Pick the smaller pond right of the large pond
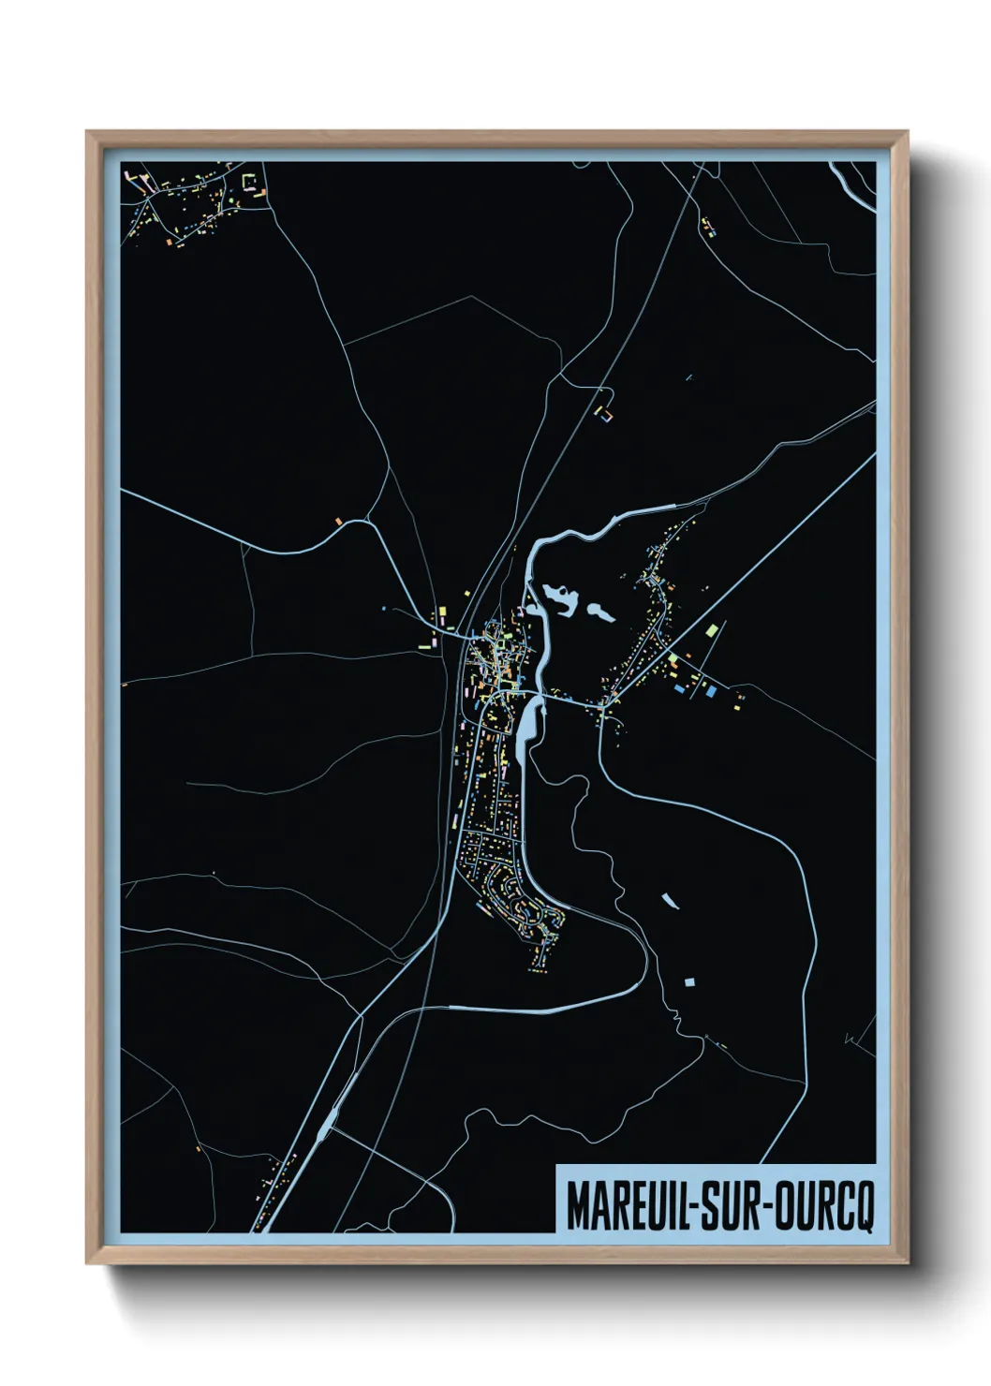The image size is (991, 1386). click(599, 613)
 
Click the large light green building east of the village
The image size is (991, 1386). click(715, 629)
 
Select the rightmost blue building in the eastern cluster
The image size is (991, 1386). click(712, 691)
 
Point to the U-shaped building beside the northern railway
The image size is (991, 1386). click(605, 413)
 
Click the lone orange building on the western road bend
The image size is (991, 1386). click(338, 518)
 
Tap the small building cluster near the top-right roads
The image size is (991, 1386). click(708, 227)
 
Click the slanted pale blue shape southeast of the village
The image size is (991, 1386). click(669, 901)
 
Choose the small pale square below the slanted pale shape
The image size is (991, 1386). click(689, 982)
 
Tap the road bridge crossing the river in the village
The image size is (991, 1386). click(534, 695)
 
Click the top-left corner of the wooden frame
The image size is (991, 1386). click(87, 132)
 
